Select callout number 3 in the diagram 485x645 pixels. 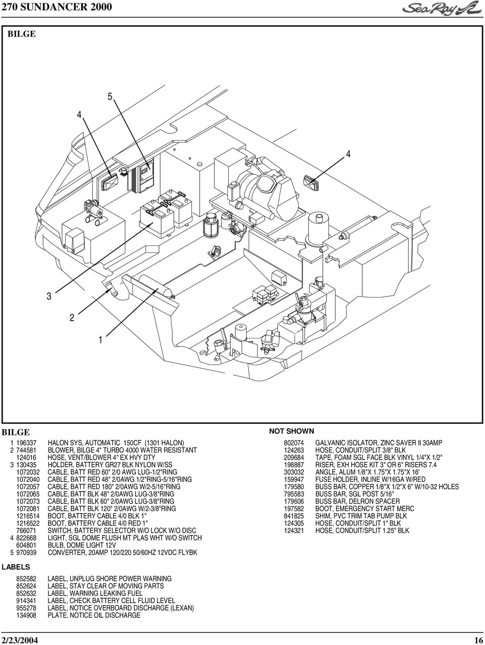coord(50,297)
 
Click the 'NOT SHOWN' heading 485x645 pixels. coord(292,431)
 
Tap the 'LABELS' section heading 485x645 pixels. coord(16,567)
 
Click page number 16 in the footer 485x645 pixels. coord(478,639)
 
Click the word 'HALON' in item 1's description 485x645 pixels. coord(59,442)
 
